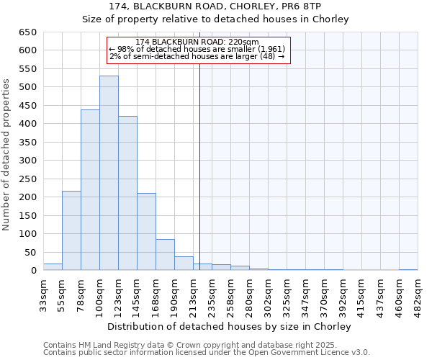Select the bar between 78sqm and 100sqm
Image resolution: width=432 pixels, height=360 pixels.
(90, 190)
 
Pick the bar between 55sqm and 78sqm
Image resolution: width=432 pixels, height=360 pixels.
(71, 230)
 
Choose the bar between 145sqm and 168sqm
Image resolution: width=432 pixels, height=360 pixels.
(146, 232)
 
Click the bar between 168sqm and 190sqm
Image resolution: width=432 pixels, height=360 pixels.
(165, 255)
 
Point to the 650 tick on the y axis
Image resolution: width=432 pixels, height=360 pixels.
(27, 32)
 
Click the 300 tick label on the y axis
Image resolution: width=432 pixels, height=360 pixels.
(27, 161)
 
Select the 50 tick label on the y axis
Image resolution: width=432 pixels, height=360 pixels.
(30, 252)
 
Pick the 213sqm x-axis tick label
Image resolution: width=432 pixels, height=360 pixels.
(193, 294)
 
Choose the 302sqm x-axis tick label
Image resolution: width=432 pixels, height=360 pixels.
(268, 294)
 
